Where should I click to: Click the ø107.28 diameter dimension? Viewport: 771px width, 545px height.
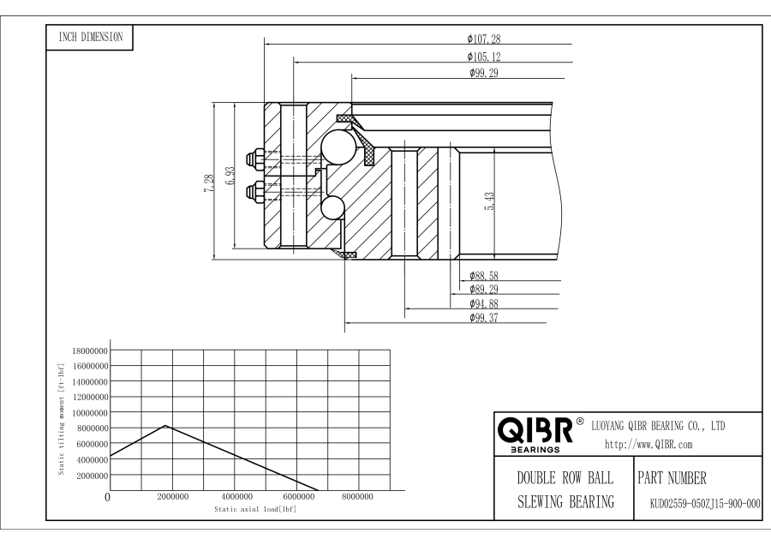[484, 39]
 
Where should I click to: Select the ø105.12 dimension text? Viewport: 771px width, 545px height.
[484, 57]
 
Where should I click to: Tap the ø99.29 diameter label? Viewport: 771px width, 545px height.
[484, 73]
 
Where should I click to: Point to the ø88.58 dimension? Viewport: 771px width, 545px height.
[484, 275]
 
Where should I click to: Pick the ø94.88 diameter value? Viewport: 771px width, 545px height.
[484, 303]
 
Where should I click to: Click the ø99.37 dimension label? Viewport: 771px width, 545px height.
[484, 318]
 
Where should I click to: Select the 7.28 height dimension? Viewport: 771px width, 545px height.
[210, 183]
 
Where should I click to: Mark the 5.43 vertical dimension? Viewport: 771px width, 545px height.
[490, 201]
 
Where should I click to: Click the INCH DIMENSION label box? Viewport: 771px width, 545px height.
[90, 38]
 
